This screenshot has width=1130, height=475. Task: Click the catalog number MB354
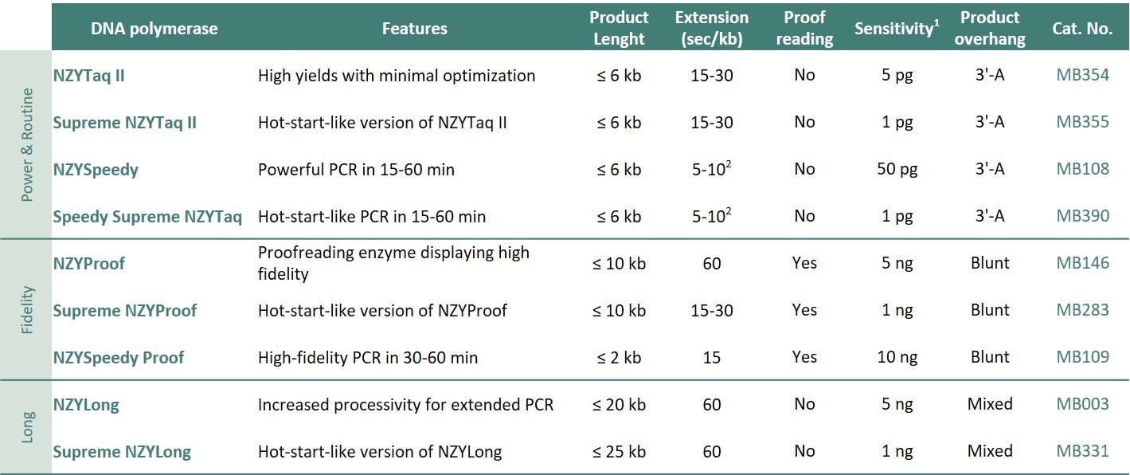coord(1082,76)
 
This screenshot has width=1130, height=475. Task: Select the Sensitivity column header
coord(893,29)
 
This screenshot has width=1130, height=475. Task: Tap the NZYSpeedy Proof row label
coord(118,358)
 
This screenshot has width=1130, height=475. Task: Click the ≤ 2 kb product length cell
coord(619,358)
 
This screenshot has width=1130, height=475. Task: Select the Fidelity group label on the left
coord(27,310)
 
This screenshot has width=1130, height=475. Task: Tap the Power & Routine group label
coord(27,146)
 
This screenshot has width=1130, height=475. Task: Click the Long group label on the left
coord(27,427)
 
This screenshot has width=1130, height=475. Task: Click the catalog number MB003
coord(1082,405)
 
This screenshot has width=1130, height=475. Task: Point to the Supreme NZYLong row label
coord(122,452)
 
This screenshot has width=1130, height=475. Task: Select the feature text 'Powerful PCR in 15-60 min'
coord(356,170)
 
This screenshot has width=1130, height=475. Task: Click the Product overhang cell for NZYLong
coord(990,405)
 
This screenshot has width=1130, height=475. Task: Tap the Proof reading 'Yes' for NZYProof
coord(804,264)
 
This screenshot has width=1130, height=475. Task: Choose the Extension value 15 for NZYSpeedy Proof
coord(712,358)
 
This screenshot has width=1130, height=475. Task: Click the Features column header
coord(414,29)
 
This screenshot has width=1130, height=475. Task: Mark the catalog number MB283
coord(1082,311)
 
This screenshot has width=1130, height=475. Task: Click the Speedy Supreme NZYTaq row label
coord(147,217)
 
